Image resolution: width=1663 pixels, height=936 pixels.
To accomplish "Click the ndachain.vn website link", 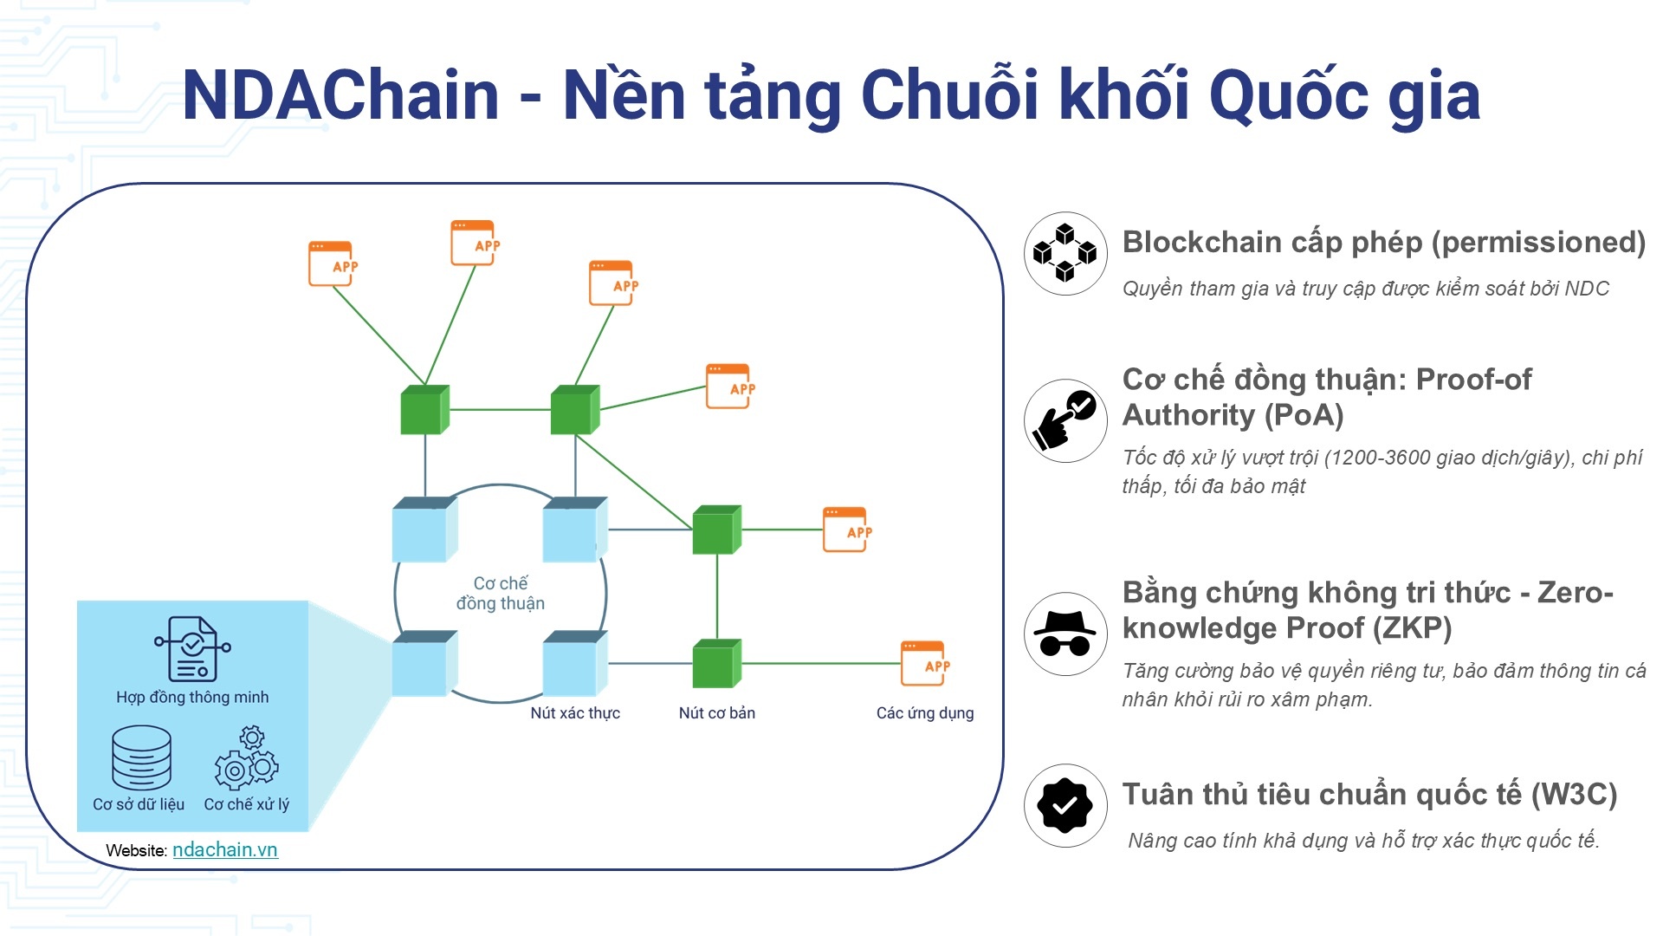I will [225, 850].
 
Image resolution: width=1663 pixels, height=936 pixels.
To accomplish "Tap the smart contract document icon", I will [192, 649].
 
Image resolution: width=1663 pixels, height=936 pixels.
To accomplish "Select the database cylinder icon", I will [141, 757].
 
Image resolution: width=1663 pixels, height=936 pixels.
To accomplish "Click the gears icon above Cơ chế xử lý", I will [247, 759].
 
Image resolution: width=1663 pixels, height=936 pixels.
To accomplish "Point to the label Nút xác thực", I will [575, 713].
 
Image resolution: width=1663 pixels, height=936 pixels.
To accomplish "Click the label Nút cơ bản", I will [716, 713].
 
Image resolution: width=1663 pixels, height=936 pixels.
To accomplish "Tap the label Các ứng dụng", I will [925, 713].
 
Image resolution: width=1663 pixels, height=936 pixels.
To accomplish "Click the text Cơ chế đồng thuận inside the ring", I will [501, 594].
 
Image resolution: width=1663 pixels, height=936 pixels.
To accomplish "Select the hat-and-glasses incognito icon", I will [1065, 634].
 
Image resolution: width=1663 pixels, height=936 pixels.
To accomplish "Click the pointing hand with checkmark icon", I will [1065, 420].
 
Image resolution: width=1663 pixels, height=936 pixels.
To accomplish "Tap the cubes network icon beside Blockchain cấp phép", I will [1065, 253].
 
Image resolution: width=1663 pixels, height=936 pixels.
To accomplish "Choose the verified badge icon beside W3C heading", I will [1065, 805].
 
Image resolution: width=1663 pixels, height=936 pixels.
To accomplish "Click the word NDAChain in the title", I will [340, 95].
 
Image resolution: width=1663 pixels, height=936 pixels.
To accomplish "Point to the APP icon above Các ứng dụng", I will [923, 664].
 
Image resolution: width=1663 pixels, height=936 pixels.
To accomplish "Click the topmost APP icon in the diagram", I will [473, 243].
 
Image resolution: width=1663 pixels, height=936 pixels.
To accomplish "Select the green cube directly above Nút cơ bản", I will [716, 665].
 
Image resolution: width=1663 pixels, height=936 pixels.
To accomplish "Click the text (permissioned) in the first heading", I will [1538, 243].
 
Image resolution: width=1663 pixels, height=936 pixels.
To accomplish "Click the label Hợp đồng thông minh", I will [192, 698].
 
